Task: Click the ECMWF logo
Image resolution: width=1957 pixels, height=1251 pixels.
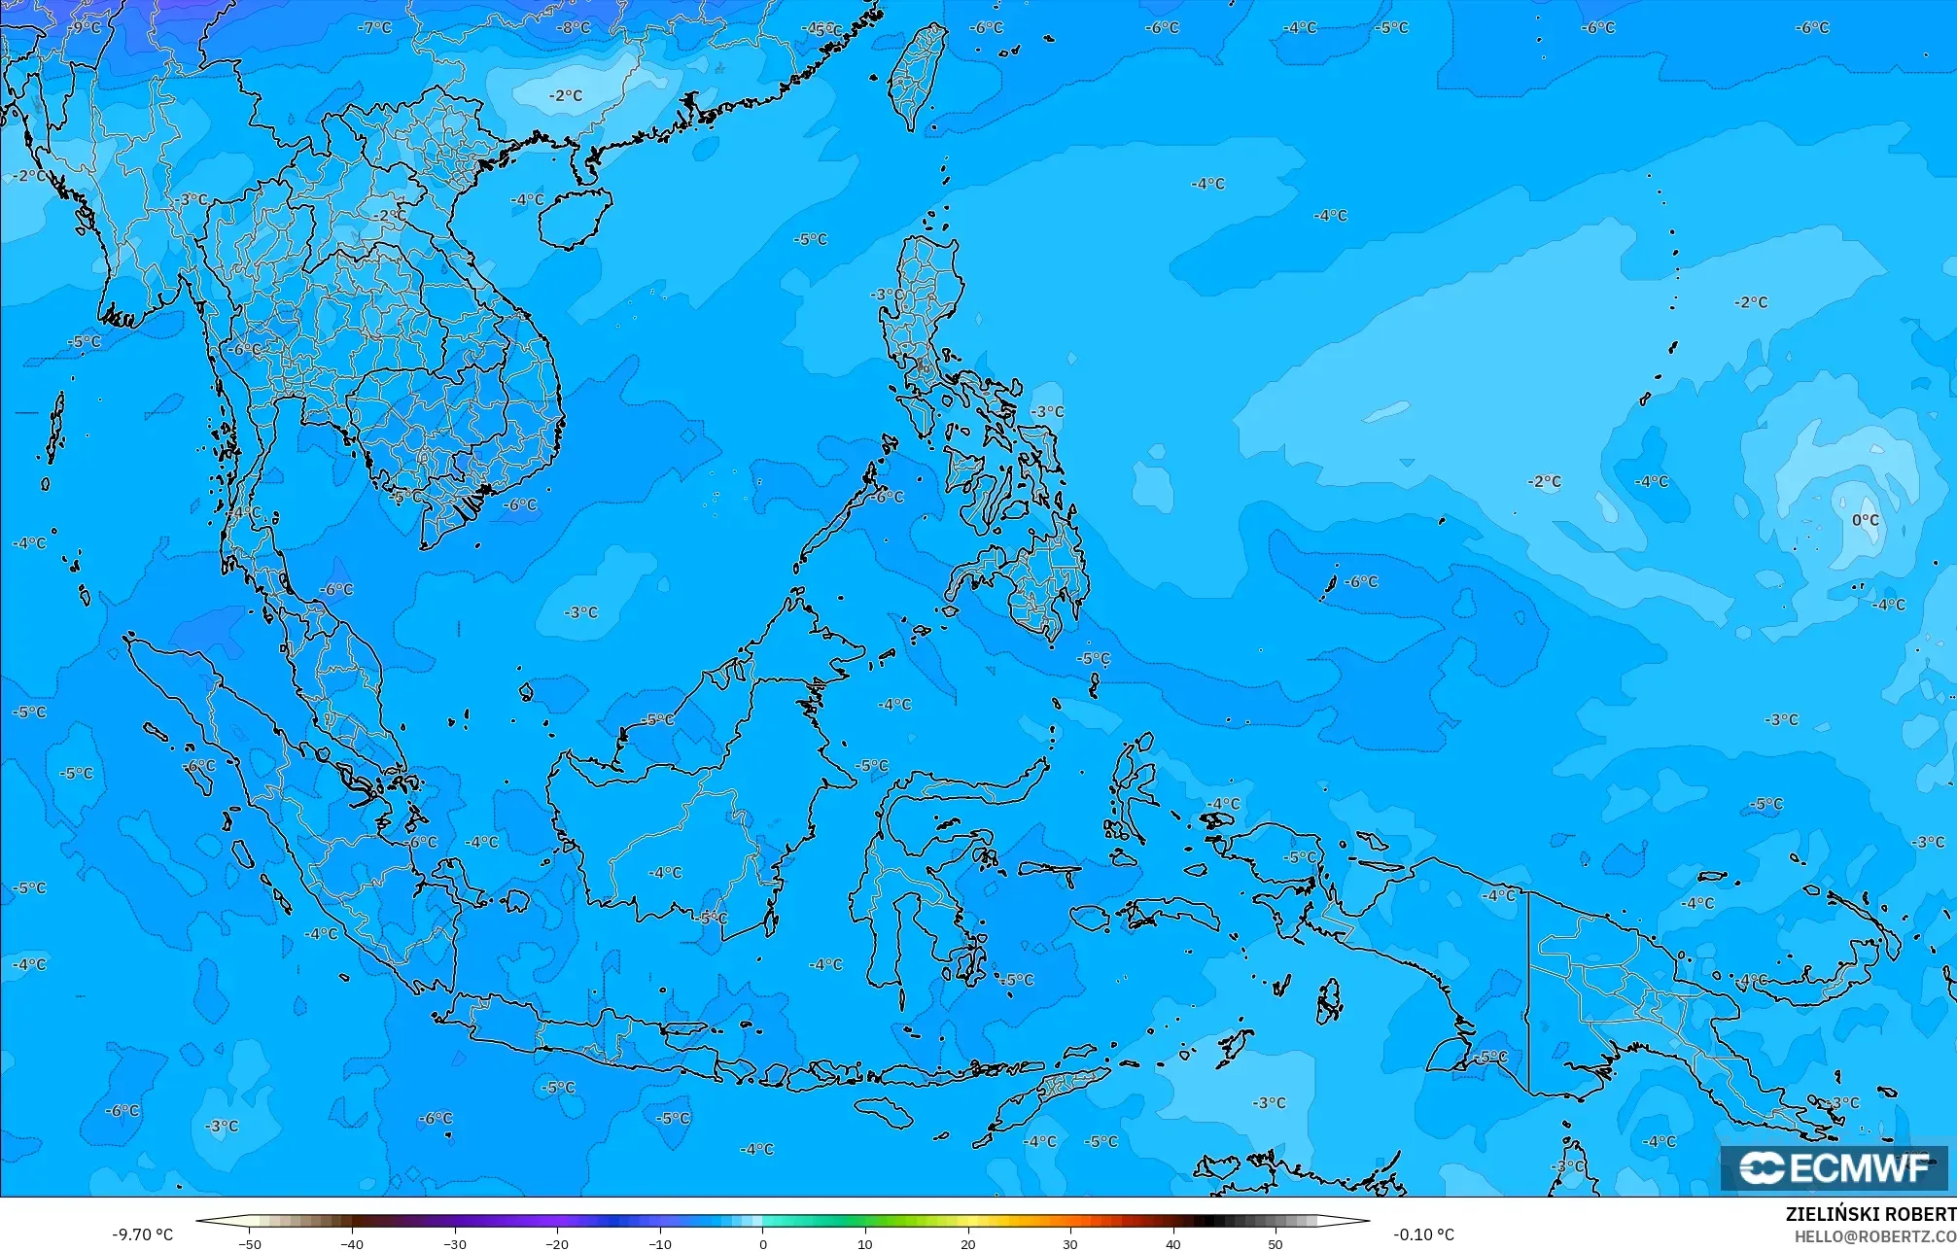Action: click(x=1834, y=1167)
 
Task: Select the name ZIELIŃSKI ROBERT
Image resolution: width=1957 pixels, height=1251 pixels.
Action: click(x=1870, y=1214)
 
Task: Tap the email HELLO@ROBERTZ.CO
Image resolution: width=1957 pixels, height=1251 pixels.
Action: click(x=1874, y=1236)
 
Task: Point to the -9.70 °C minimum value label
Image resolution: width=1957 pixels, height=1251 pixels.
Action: click(x=142, y=1234)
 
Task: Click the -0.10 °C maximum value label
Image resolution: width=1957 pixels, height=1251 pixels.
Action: click(x=1423, y=1234)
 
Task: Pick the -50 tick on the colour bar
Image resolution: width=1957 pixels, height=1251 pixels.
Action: click(x=250, y=1243)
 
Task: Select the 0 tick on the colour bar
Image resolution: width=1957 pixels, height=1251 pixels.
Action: click(x=762, y=1243)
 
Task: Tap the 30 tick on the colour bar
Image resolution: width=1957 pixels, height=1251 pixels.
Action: click(x=1069, y=1243)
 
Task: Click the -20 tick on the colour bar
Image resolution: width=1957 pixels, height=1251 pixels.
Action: click(x=557, y=1243)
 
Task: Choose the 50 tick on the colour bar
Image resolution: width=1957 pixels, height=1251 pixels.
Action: click(x=1275, y=1243)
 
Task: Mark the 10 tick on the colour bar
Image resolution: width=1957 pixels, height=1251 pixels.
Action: click(x=864, y=1243)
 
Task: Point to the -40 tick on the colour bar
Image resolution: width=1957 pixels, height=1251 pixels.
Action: click(x=352, y=1243)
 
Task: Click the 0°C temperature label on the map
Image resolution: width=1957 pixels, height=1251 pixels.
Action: click(x=1865, y=520)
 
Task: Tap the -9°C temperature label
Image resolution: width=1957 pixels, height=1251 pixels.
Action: click(x=85, y=27)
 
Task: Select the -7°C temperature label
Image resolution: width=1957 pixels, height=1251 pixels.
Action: click(x=374, y=27)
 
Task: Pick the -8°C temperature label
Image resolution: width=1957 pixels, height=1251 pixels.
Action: click(x=573, y=27)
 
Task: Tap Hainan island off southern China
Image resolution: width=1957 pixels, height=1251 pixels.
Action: click(x=574, y=216)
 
